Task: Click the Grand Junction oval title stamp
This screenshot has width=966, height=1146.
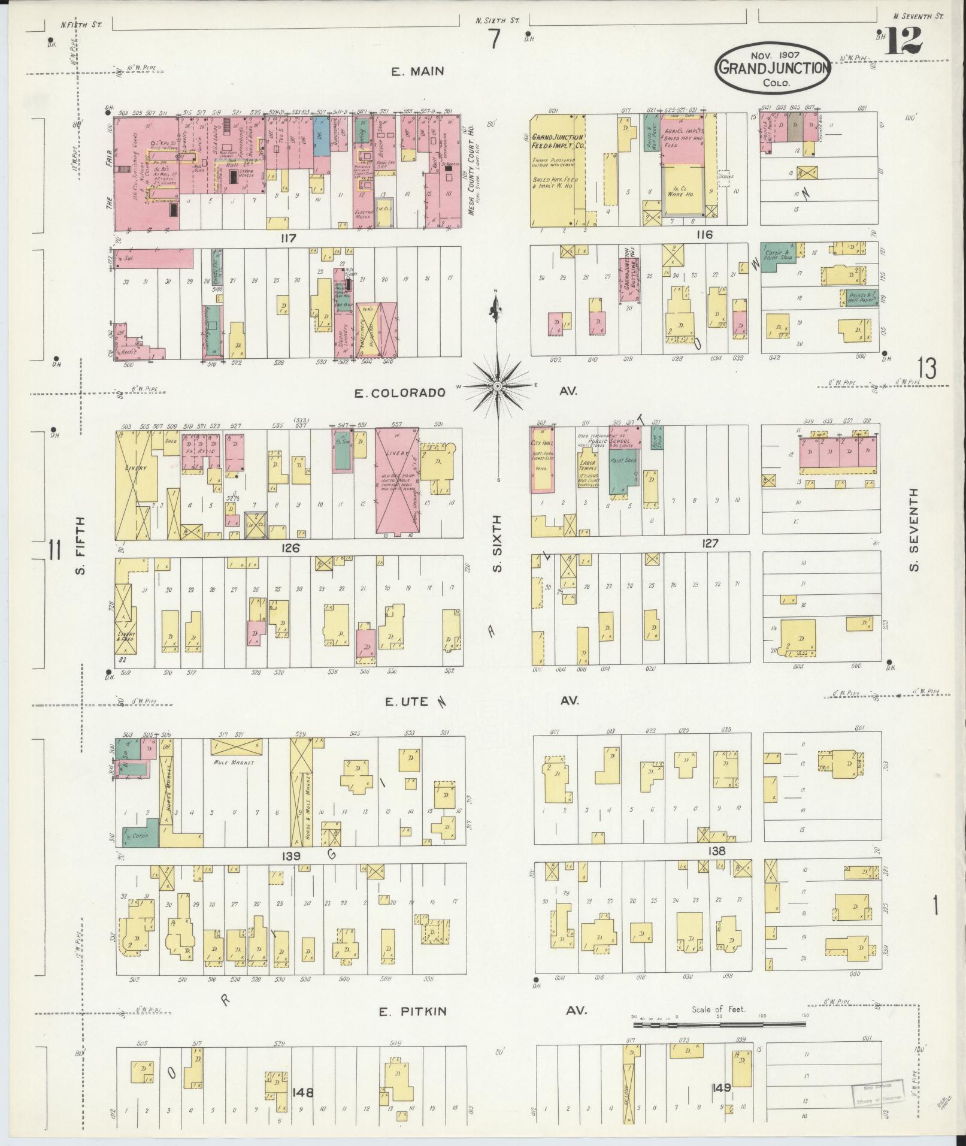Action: (x=773, y=68)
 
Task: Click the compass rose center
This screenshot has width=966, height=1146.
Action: (x=496, y=388)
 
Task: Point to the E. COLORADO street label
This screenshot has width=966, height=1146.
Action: (x=399, y=393)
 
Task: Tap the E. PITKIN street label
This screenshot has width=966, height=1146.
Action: (x=413, y=1012)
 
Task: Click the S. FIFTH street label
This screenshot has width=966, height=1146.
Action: (x=81, y=545)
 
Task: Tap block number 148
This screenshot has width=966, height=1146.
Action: (x=304, y=1093)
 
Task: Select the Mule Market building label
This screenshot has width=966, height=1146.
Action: (x=233, y=763)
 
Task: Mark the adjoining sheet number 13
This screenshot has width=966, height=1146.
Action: (x=926, y=368)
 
